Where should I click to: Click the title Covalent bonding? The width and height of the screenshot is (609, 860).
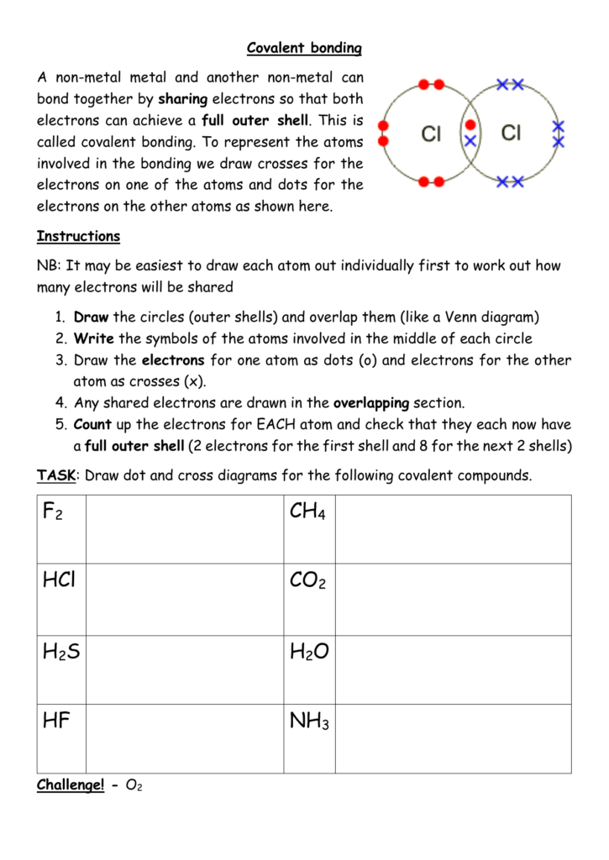pyautogui.click(x=305, y=49)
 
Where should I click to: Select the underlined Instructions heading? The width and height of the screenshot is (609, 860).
pyautogui.click(x=78, y=236)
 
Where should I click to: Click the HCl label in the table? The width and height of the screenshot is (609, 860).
pyautogui.click(x=58, y=580)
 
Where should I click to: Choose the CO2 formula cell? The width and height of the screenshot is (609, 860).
pyautogui.click(x=307, y=580)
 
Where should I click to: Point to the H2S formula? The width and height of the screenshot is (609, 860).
pyautogui.click(x=60, y=651)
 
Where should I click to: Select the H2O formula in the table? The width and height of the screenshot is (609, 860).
pyautogui.click(x=309, y=651)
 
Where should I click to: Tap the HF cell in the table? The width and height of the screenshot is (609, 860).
pyautogui.click(x=55, y=721)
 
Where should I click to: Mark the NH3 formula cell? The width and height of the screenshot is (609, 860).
pyautogui.click(x=309, y=721)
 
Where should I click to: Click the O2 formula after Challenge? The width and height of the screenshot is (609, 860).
pyautogui.click(x=134, y=786)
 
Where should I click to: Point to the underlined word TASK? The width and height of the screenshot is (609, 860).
pyautogui.click(x=55, y=475)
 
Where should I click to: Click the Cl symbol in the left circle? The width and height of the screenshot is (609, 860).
pyautogui.click(x=431, y=134)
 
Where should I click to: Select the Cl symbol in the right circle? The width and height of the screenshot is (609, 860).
pyautogui.click(x=512, y=133)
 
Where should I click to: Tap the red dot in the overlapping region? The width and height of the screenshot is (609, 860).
pyautogui.click(x=470, y=125)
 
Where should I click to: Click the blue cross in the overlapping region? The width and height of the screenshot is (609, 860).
pyautogui.click(x=470, y=140)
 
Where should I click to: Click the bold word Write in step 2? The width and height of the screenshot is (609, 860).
pyautogui.click(x=93, y=338)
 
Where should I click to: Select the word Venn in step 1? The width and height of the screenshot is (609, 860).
pyautogui.click(x=467, y=317)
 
